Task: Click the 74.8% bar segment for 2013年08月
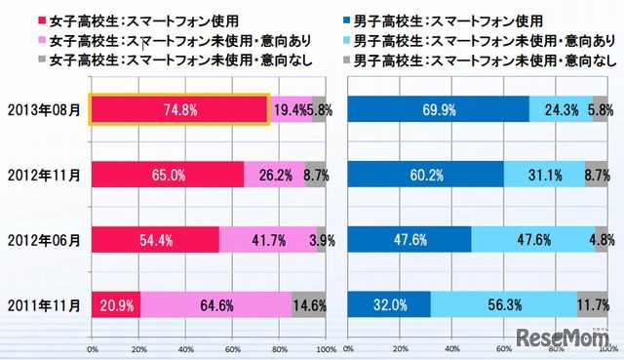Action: [x=179, y=110]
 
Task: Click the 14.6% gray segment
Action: [x=309, y=303]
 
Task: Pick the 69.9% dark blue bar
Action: [x=438, y=110]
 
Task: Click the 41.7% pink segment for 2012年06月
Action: [x=268, y=239]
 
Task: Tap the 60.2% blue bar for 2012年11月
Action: [x=426, y=175]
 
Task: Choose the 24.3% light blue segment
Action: [x=561, y=110]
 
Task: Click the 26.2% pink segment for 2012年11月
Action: [x=274, y=175]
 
